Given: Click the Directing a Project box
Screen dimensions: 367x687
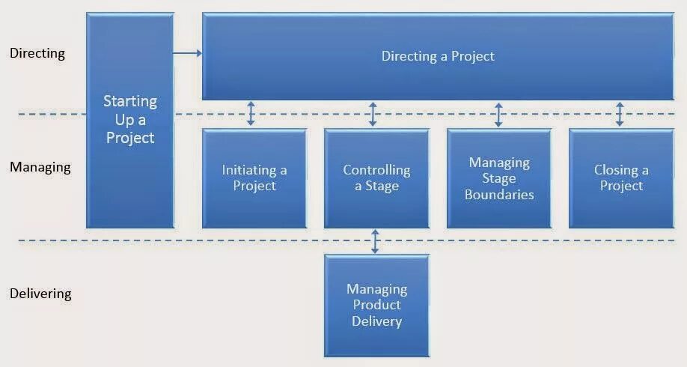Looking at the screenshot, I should click(x=438, y=56).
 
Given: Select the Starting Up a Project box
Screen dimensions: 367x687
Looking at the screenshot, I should click(x=130, y=120).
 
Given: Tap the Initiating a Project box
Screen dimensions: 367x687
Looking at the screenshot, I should click(x=254, y=178).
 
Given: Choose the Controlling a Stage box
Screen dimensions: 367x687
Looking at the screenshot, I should click(x=376, y=178).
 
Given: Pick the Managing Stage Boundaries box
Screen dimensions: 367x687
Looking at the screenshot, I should click(x=499, y=178).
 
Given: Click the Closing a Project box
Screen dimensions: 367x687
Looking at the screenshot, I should click(x=621, y=178).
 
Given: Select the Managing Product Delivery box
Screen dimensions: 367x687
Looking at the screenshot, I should click(x=376, y=306).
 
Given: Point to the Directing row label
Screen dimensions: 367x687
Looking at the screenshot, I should click(x=37, y=54).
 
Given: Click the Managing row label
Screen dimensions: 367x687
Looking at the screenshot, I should click(x=40, y=167).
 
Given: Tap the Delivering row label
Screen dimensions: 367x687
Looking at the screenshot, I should click(x=40, y=294).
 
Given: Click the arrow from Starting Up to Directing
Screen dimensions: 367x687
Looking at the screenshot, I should click(x=188, y=52).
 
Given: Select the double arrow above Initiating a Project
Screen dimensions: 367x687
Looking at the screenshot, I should click(x=251, y=114).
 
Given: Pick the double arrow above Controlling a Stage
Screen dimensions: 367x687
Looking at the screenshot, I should click(x=373, y=114).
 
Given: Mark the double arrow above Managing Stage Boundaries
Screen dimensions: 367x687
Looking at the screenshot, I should click(x=499, y=114).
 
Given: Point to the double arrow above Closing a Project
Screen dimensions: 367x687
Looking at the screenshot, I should click(x=620, y=114).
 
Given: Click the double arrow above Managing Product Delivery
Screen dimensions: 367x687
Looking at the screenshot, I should click(x=376, y=241).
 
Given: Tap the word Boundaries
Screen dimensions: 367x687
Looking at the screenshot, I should click(x=499, y=195).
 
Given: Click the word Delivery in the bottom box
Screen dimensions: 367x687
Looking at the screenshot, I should click(x=376, y=322).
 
